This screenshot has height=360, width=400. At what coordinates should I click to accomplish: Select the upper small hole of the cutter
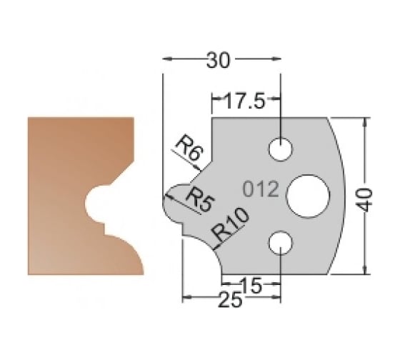[x=281, y=148]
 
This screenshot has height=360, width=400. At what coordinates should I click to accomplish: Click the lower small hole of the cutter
[x=281, y=243]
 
